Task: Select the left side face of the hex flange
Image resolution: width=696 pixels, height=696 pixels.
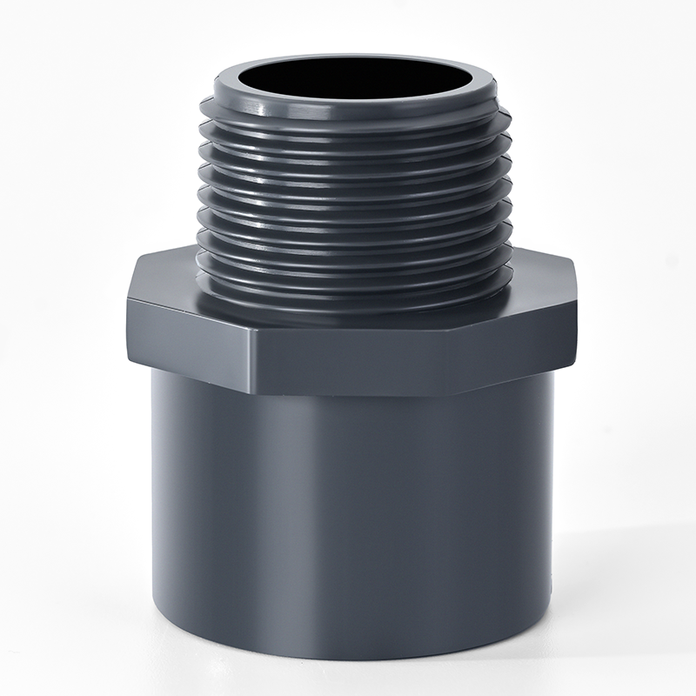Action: pos(191,335)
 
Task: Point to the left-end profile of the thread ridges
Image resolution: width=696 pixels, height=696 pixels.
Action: pos(199,200)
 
